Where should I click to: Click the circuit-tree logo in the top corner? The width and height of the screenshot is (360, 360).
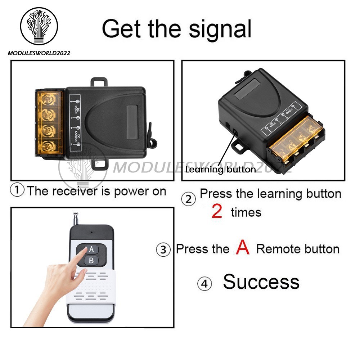click(x=39, y=26)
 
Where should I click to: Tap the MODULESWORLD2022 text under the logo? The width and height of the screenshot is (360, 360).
click(x=39, y=53)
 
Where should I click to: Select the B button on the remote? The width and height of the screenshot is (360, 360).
click(x=91, y=261)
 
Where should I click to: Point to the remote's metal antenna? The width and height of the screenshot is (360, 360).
click(x=75, y=219)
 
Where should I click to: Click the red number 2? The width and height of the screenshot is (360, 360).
click(x=217, y=211)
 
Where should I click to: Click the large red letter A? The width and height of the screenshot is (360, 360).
click(x=243, y=247)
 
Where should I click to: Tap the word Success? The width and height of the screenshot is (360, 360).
click(x=261, y=282)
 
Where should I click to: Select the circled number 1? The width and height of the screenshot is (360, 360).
click(x=17, y=190)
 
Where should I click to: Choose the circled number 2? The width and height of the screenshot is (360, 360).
click(x=189, y=199)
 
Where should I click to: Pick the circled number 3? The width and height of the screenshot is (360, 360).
click(x=163, y=249)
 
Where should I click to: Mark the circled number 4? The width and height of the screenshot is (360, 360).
click(x=204, y=284)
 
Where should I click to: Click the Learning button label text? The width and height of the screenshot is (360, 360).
click(x=221, y=170)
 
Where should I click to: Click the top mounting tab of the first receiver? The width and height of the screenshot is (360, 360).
click(x=99, y=82)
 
